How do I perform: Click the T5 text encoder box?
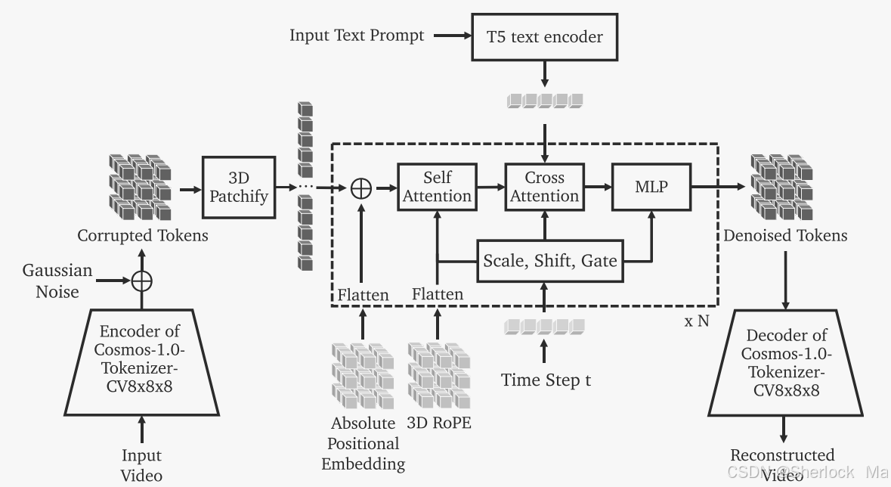click(546, 36)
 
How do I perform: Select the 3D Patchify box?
click(238, 186)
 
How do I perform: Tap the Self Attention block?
click(438, 186)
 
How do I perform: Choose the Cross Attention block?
click(544, 186)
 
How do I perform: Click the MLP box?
click(651, 186)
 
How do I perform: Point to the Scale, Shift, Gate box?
click(549, 262)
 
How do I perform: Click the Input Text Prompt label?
click(357, 36)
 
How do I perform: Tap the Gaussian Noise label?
click(57, 281)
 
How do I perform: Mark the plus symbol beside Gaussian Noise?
click(141, 281)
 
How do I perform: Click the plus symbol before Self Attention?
click(361, 187)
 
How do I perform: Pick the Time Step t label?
click(546, 380)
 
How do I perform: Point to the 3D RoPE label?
click(439, 423)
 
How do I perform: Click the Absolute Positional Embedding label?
click(363, 442)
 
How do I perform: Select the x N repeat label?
click(697, 321)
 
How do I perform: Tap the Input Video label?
click(142, 465)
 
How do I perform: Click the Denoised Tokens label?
click(785, 235)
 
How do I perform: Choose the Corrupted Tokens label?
click(143, 235)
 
